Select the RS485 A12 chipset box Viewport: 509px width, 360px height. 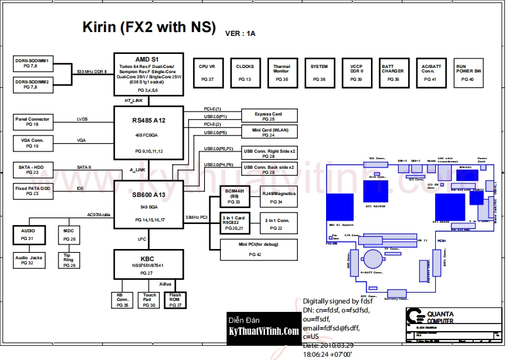pyautogui.click(x=149, y=133)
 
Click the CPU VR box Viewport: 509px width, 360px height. pyautogui.click(x=207, y=71)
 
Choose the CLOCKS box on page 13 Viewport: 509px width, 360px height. pyautogui.click(x=245, y=71)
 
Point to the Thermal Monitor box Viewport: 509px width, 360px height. pyautogui.click(x=282, y=71)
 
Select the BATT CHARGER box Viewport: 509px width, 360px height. pyautogui.click(x=393, y=71)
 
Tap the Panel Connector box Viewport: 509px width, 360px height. pyautogui.click(x=32, y=121)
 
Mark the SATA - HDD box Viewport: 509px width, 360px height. pyautogui.click(x=32, y=169)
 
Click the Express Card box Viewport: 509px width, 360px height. pyautogui.click(x=268, y=116)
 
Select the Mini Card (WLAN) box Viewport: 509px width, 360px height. pyautogui.click(x=268, y=132)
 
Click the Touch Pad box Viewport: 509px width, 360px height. pyautogui.click(x=150, y=300)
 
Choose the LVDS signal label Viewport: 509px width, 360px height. pyautogui.click(x=82, y=119)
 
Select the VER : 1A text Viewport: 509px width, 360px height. pyautogui.click(x=240, y=33)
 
